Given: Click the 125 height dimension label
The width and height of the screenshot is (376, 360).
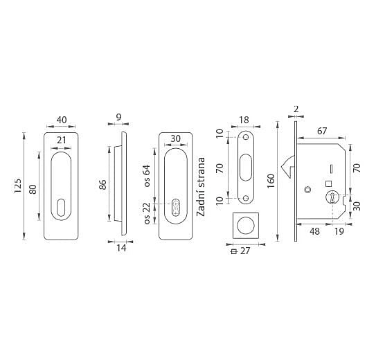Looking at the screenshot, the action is click(18, 186).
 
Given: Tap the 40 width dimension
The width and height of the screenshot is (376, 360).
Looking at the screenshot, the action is click(62, 120).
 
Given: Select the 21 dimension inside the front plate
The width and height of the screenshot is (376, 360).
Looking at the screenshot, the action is click(61, 140).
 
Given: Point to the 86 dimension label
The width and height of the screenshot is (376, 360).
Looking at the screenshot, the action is click(102, 185).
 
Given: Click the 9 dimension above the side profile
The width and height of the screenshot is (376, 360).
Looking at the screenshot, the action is click(118, 117).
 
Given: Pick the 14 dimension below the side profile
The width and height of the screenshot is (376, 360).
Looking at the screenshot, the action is click(121, 248).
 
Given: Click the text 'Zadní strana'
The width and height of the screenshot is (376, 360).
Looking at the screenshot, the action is click(201, 187).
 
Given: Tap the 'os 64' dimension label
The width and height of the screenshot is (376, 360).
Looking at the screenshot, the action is click(147, 176).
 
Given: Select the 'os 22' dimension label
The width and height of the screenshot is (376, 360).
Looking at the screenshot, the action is click(147, 213).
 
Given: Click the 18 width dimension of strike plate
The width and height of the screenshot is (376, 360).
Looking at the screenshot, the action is click(244, 120).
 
